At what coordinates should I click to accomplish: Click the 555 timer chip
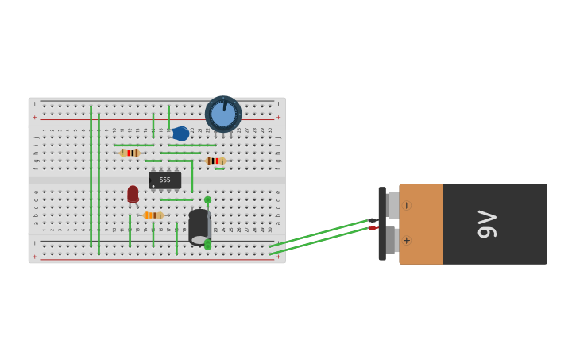click(164, 180)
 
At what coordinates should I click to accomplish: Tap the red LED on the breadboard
click(133, 194)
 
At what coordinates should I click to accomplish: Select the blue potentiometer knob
click(223, 114)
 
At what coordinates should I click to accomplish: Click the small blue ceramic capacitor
click(180, 134)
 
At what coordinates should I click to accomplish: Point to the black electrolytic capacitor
click(199, 226)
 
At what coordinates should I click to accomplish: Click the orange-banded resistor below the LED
click(153, 215)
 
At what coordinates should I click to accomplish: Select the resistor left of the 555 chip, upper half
click(130, 153)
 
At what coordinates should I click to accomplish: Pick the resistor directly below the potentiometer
click(215, 161)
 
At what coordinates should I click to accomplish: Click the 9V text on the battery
click(487, 224)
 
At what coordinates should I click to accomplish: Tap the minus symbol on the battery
click(406, 206)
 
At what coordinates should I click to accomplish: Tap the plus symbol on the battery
click(406, 240)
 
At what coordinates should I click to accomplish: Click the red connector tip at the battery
click(372, 228)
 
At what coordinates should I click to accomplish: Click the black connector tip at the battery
click(373, 220)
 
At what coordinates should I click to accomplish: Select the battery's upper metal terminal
click(392, 205)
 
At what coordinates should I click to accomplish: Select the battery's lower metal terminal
click(392, 240)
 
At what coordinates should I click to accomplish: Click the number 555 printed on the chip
click(164, 180)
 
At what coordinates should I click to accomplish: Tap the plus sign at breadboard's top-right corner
click(278, 118)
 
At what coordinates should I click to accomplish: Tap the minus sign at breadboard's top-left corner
click(34, 103)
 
